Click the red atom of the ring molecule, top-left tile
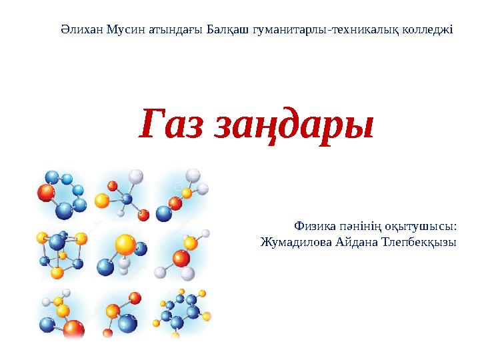[x=46, y=193]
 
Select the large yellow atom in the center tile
[x=125, y=245]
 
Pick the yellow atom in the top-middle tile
[x=102, y=200]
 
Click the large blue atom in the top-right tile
[x=163, y=213]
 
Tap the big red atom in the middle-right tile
[x=181, y=257]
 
